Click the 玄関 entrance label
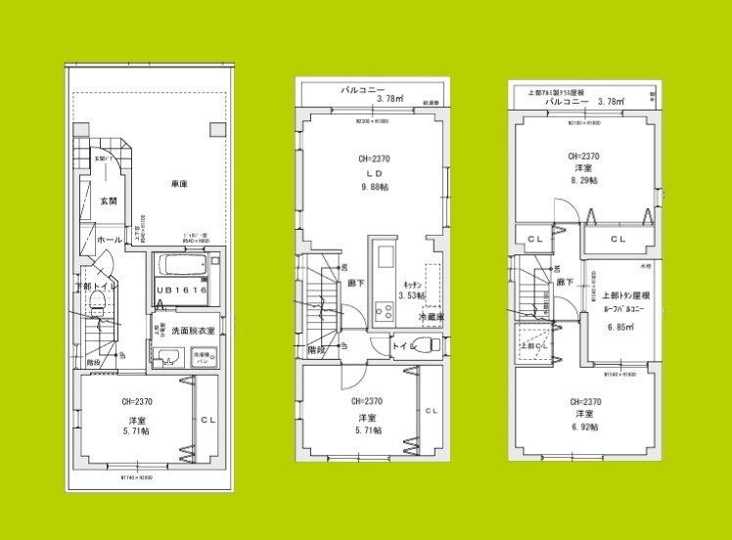(x=108, y=202)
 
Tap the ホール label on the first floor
(x=107, y=239)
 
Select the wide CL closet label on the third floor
(x=618, y=239)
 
